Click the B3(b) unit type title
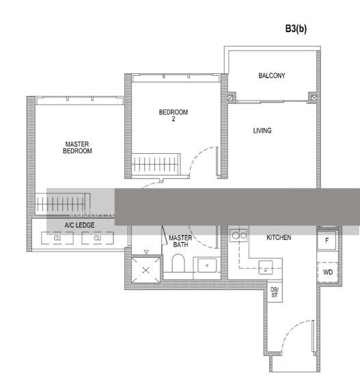pos(296,29)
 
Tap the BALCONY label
pos(271,76)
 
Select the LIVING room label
pos(262,131)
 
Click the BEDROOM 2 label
pos(173,116)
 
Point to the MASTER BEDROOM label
pos(77,148)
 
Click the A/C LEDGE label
pos(79,225)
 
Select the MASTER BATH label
pos(180,241)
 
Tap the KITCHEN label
pos(279,237)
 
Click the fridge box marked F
pos(327,241)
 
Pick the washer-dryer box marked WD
pos(327,272)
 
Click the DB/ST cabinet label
pos(275,293)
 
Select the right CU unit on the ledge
pos(98,238)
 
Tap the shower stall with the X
pos(146,270)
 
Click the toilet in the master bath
pos(179,264)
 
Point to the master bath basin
pos(206,265)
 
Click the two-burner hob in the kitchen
pos(239,236)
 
